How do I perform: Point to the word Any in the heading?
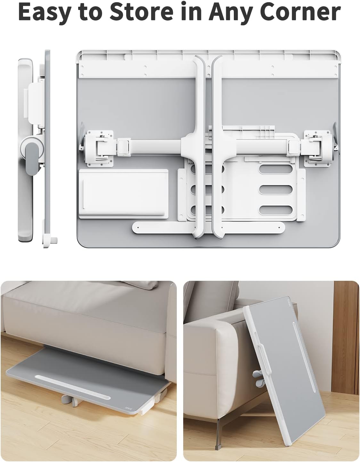tap(233, 12)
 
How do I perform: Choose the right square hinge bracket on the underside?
tap(318, 148)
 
